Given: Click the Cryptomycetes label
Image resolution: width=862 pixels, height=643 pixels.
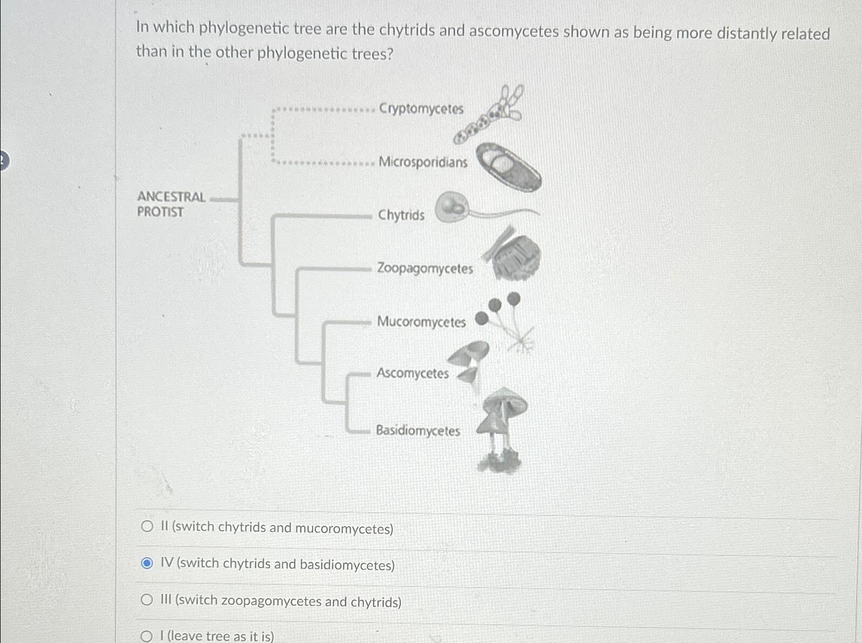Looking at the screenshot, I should point(421,109).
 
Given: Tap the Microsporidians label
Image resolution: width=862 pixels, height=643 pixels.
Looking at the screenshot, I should point(423,162).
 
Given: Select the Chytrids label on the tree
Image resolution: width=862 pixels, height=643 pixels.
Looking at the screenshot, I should point(401,215).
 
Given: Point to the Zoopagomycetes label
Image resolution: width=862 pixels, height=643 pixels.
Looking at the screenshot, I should point(425,268).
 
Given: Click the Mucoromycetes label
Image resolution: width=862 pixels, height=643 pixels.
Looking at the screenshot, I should point(421,321).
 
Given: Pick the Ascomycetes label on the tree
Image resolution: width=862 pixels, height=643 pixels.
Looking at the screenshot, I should point(412,373).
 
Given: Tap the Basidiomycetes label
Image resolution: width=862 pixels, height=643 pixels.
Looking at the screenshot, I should point(418,430).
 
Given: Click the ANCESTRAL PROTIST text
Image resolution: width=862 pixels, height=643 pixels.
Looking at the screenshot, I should point(171,204).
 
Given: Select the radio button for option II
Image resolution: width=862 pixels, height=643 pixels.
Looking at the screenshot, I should point(147,526).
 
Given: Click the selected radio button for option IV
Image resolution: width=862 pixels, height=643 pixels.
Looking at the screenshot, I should point(147,563).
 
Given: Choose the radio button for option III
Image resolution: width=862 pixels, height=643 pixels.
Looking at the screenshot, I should point(147,599).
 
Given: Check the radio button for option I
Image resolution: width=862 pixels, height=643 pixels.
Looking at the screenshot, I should point(146,637).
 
